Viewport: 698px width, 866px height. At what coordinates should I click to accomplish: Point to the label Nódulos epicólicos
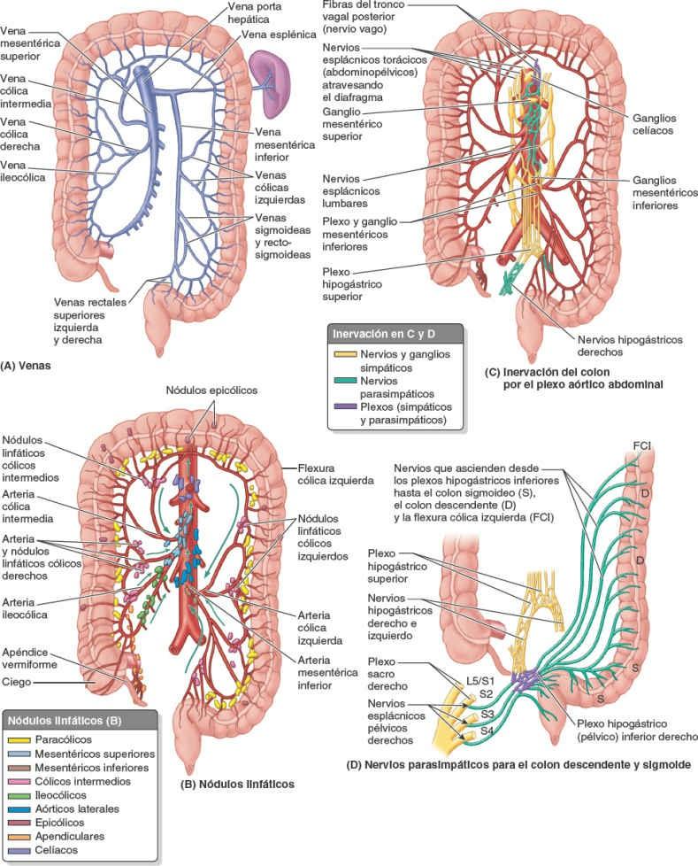click(x=211, y=390)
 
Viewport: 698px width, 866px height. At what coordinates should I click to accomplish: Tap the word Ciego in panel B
click(x=19, y=682)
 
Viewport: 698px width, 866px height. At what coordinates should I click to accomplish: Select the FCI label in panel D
click(x=641, y=443)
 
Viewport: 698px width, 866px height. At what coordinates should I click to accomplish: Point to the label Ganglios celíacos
click(x=654, y=123)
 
